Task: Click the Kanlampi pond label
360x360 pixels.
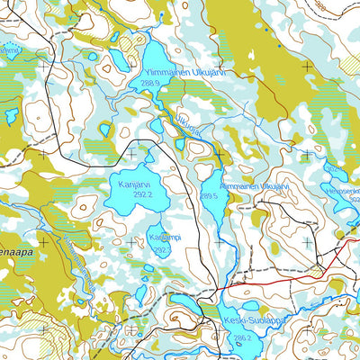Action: (162, 238)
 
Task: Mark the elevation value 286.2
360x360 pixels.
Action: (241, 339)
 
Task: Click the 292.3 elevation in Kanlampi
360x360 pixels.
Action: (161, 250)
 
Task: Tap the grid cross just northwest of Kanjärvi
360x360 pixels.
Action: (131, 154)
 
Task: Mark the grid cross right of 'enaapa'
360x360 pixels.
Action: (43, 242)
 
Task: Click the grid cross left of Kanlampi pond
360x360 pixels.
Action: (131, 242)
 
